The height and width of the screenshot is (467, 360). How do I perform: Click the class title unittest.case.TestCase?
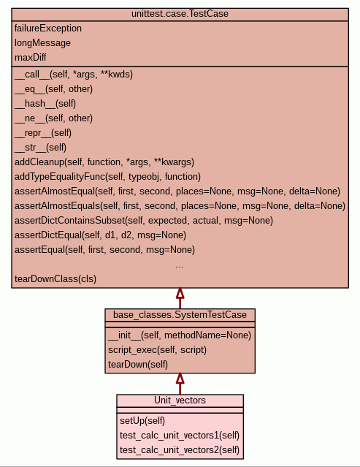(180, 14)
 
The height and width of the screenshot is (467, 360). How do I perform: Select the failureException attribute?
(48, 29)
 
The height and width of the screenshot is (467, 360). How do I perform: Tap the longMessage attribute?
(42, 43)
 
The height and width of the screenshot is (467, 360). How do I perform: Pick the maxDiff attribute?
(31, 57)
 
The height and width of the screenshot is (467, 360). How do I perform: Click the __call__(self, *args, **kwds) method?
(74, 74)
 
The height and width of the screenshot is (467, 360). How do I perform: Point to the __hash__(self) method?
(45, 103)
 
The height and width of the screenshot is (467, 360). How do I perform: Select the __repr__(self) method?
(43, 132)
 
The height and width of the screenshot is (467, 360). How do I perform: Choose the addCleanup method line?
(104, 162)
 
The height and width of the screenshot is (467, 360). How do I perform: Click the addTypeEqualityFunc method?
(107, 177)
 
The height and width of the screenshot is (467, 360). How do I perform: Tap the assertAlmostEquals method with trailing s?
(180, 206)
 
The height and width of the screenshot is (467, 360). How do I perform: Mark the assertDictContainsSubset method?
(144, 221)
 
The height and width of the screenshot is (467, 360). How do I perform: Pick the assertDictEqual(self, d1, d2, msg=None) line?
(100, 235)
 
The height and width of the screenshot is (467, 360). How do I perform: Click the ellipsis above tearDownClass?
(180, 266)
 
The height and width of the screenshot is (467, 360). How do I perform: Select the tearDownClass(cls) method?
(55, 278)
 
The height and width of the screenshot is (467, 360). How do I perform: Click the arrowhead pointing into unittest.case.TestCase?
(180, 293)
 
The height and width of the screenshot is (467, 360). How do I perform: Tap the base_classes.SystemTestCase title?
(180, 315)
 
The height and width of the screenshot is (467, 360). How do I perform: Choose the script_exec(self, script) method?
(157, 349)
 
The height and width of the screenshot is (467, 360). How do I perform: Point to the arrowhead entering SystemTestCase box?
(180, 379)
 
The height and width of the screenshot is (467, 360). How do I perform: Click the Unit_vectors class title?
(180, 400)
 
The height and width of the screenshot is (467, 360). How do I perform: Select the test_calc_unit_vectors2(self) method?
(180, 449)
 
